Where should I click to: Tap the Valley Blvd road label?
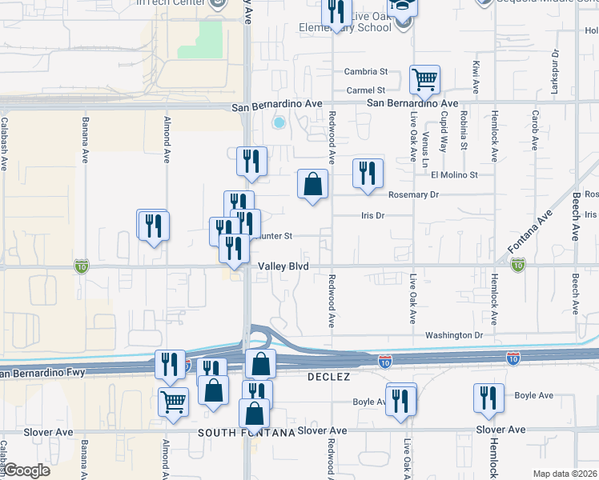283,266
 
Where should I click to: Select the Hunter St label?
276,236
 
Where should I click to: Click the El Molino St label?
454,174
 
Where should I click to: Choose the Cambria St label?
365,71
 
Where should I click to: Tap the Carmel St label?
365,90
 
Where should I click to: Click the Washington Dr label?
454,335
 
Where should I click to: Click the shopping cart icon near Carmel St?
424,79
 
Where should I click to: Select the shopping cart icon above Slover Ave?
174,402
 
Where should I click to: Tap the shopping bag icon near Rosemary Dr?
312,184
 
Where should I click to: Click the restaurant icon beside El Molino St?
368,173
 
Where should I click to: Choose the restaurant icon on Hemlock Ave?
488,398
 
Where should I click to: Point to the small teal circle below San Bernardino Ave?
279,123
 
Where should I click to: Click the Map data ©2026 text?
565,474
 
